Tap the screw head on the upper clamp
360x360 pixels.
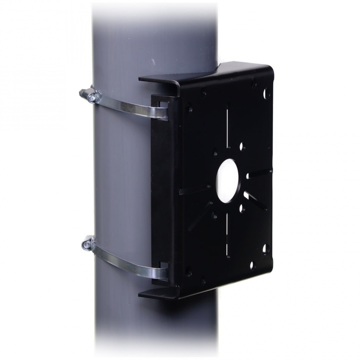91,97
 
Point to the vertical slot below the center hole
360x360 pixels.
226,235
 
